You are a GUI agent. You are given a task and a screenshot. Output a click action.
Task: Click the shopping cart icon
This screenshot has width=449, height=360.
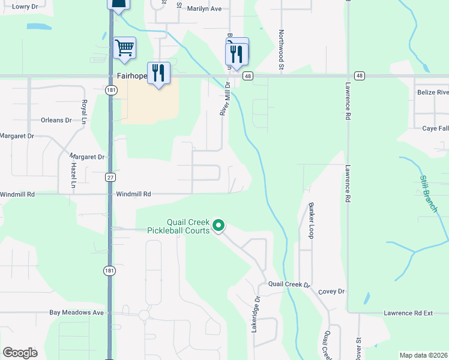point(125,47)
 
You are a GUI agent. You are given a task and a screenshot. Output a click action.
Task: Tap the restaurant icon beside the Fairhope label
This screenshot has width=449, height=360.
point(158,73)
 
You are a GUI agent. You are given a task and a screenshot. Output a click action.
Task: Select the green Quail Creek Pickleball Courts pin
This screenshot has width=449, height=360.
point(219,226)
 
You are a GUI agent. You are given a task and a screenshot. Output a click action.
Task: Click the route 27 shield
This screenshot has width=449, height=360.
point(110,177)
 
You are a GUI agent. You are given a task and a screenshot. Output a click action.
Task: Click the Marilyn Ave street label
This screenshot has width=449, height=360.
point(204,9)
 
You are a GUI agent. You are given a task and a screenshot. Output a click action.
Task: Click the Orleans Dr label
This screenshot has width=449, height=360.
point(56,120)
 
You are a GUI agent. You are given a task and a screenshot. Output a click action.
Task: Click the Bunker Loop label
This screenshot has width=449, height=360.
point(312,220)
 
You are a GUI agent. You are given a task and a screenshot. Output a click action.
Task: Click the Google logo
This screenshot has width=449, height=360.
point(20,353)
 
